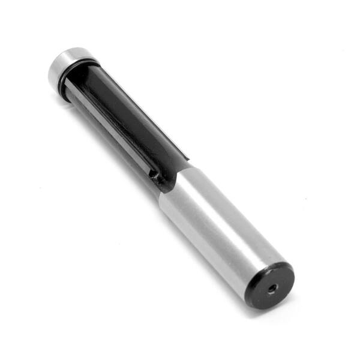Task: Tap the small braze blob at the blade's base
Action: [155, 175]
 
